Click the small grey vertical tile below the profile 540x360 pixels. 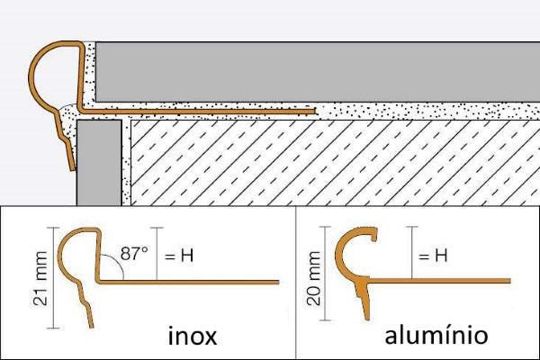tap(97, 162)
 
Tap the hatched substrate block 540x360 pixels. tap(333, 162)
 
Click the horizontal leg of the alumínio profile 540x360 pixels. tap(468, 283)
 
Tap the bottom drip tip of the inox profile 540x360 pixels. tap(90, 322)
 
